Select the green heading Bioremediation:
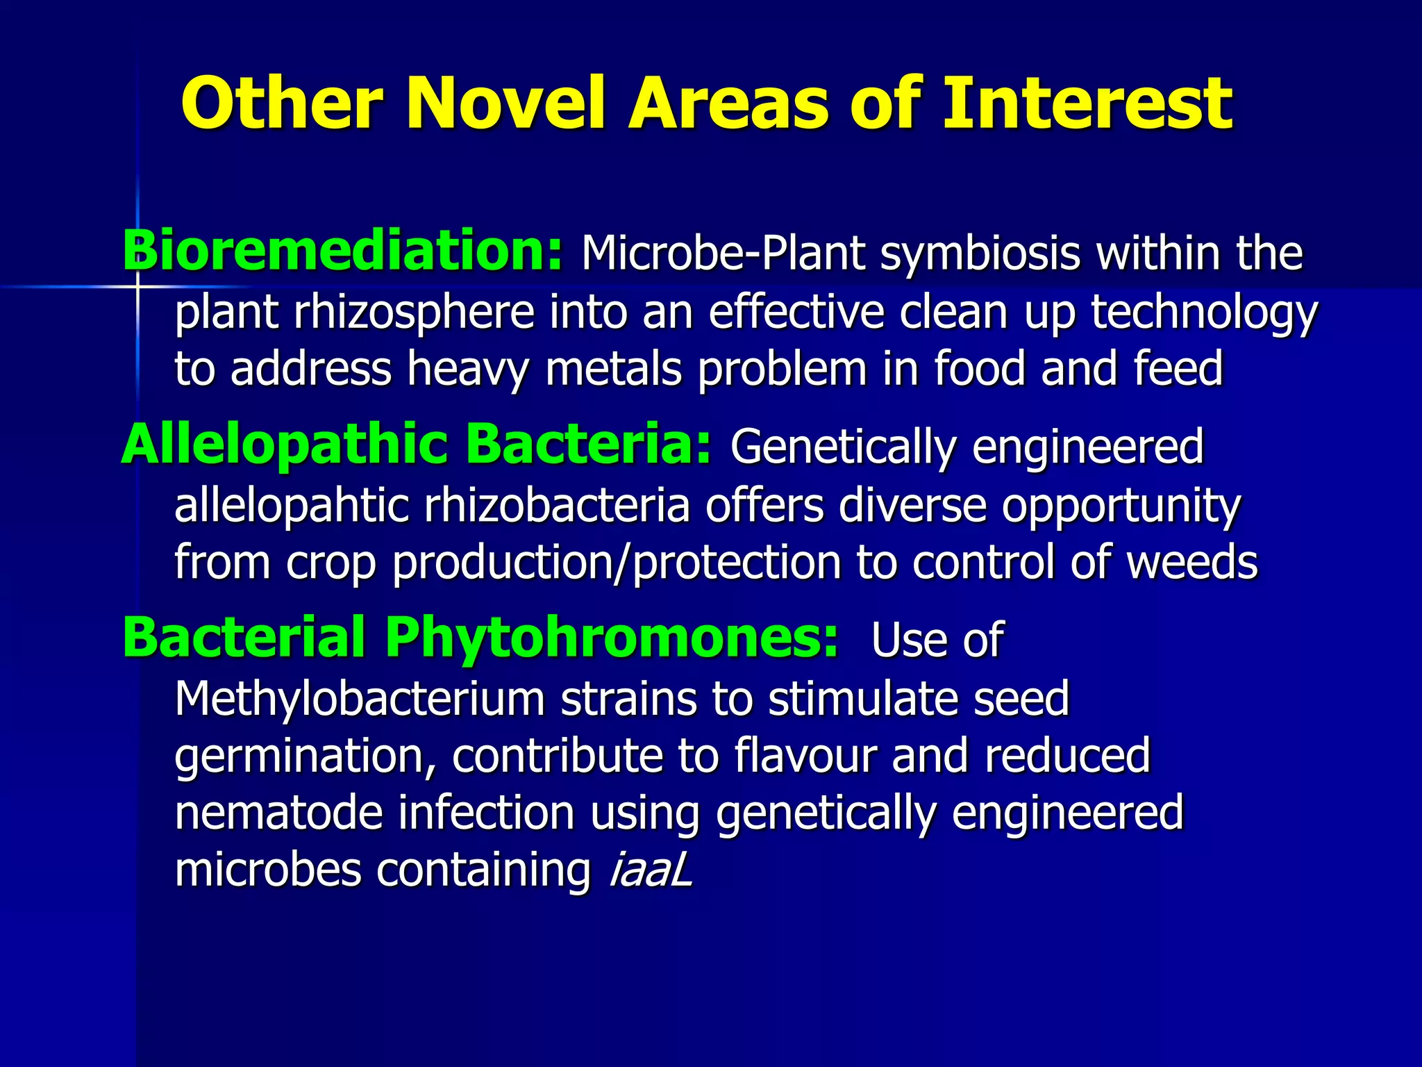(342, 251)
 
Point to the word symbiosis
(980, 254)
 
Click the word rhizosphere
(414, 313)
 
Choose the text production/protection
(617, 563)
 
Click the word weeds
(1191, 563)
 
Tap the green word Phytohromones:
(611, 638)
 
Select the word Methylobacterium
(359, 699)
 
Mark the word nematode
(278, 813)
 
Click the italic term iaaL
(651, 870)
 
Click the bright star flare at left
(137, 286)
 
